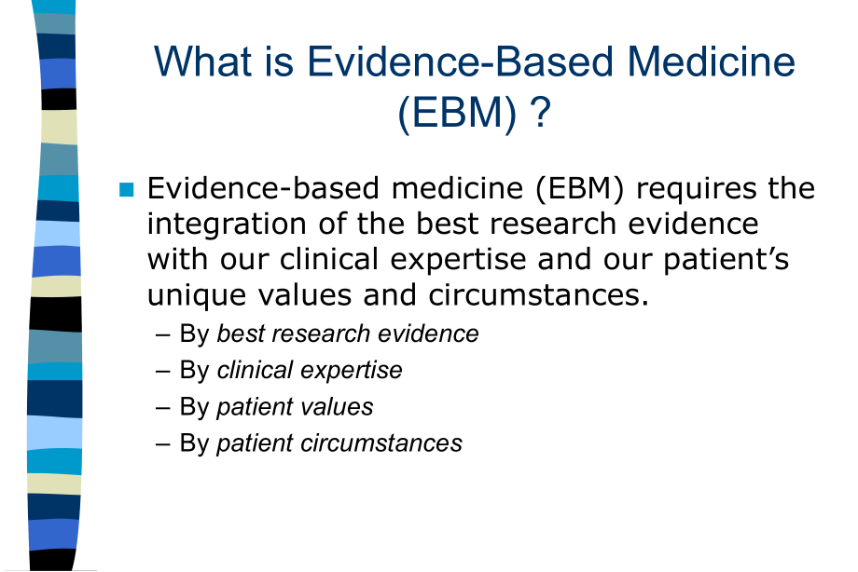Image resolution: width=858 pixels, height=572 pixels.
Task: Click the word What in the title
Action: (x=203, y=61)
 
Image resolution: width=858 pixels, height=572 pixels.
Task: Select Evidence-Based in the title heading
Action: (x=460, y=61)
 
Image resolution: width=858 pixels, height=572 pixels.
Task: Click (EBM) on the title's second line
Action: (x=457, y=113)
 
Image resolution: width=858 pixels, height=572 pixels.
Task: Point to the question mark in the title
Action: (x=540, y=112)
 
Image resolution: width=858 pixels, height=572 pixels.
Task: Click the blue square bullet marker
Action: (x=127, y=189)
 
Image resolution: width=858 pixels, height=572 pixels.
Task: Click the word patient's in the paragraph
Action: (x=727, y=259)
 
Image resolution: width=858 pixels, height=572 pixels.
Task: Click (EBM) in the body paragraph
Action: (x=579, y=189)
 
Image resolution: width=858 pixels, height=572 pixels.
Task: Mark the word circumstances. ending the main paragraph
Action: (x=538, y=295)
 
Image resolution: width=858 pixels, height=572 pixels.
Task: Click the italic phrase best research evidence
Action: (x=348, y=334)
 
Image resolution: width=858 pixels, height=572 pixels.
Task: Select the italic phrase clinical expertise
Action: (x=310, y=371)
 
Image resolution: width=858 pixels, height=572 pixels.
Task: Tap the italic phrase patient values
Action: (x=295, y=407)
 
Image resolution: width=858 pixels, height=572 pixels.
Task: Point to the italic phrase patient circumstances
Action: (x=339, y=443)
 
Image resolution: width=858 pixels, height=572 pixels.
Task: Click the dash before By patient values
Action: (x=162, y=408)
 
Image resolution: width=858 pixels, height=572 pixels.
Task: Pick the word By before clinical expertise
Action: (x=194, y=371)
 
